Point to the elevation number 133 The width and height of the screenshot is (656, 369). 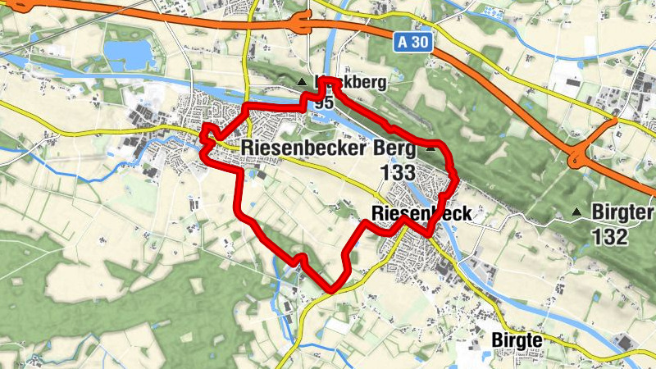click(398, 173)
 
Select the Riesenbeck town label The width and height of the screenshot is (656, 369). click(421, 214)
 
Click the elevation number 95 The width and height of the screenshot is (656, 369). click(323, 102)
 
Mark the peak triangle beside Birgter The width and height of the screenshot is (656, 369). click(577, 213)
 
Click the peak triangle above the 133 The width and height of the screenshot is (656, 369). click(430, 150)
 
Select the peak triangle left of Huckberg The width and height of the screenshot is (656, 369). click(303, 82)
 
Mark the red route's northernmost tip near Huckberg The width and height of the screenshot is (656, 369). click(324, 80)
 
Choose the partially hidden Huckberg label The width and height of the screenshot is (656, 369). click(353, 83)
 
